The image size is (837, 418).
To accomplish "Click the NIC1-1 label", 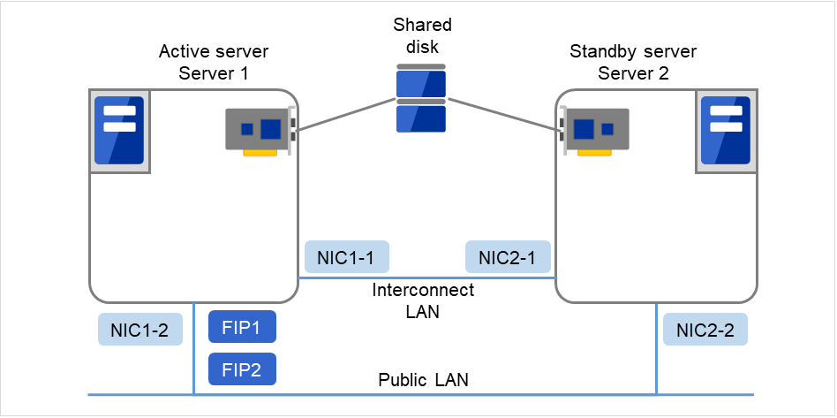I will (x=346, y=257).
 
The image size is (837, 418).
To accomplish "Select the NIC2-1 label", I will (x=507, y=257).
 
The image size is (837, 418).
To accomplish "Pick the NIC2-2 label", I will (x=705, y=330).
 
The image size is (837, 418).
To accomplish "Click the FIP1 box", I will (x=242, y=327).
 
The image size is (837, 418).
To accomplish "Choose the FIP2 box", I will (x=242, y=369).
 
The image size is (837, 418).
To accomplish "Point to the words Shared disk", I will (x=421, y=35).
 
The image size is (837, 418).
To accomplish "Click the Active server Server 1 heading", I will (x=213, y=62).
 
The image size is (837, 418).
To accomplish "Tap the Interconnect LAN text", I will (x=423, y=300).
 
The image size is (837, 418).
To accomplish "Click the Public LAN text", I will (x=423, y=381).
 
